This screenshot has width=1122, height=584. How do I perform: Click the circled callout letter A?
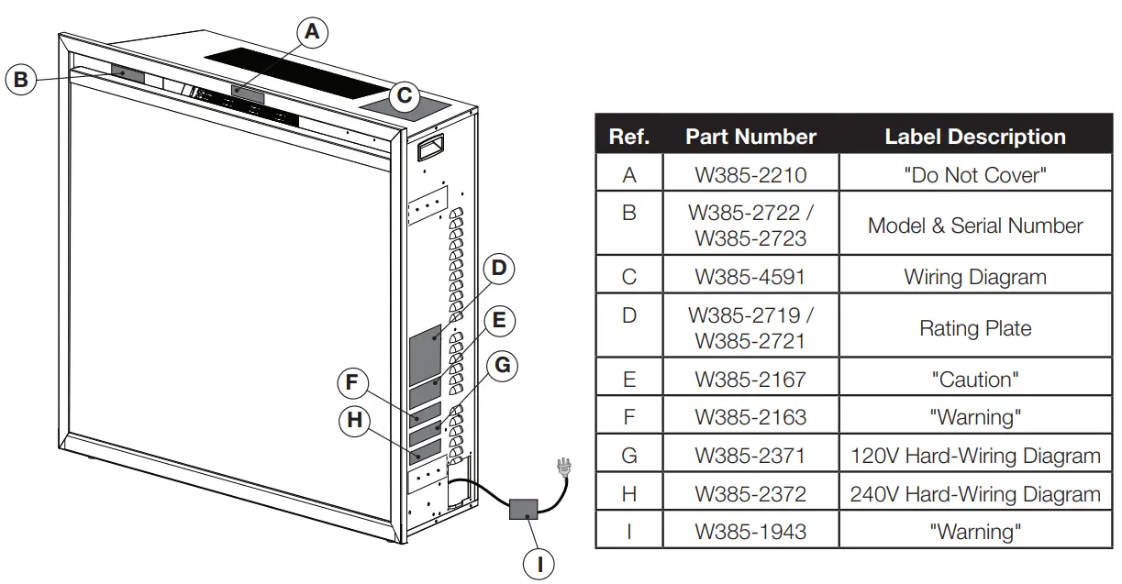(x=312, y=32)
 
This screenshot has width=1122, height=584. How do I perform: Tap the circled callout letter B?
(x=21, y=80)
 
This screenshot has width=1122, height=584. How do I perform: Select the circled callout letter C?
(x=405, y=95)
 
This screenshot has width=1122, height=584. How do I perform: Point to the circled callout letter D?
(x=499, y=269)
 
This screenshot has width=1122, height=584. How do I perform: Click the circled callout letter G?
(x=503, y=365)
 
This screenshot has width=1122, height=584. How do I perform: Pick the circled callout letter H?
(x=355, y=421)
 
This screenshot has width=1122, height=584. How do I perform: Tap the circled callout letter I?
(x=539, y=564)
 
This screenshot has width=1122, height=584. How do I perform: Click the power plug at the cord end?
(x=564, y=468)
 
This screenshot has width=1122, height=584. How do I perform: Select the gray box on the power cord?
(x=524, y=510)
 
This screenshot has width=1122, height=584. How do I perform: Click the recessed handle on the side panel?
(x=430, y=148)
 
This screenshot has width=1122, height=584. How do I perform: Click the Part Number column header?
(x=750, y=137)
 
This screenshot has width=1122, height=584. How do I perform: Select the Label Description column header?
(x=975, y=137)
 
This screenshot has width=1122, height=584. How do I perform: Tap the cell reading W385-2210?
(x=750, y=175)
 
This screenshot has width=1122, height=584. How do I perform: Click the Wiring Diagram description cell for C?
(x=975, y=277)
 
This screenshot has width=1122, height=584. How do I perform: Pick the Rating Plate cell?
(x=975, y=328)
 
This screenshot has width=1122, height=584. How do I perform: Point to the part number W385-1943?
(x=750, y=532)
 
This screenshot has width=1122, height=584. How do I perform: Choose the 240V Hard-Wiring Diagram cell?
(x=975, y=494)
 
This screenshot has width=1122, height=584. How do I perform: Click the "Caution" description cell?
(x=975, y=380)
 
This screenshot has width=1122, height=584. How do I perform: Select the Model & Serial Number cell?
(x=975, y=226)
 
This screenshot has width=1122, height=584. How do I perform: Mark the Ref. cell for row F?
(x=629, y=417)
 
